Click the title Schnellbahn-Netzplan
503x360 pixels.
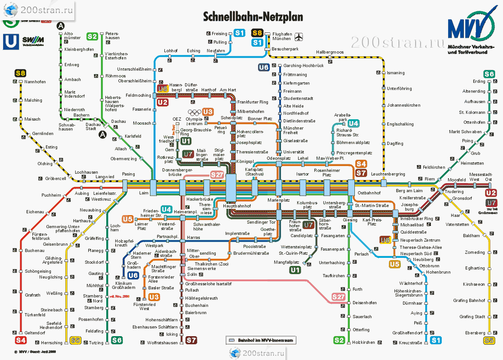(253, 17)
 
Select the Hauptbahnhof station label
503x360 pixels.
(237, 206)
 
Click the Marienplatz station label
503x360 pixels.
(278, 200)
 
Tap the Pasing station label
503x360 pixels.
(128, 174)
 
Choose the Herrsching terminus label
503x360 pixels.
(51, 343)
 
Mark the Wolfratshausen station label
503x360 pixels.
(163, 343)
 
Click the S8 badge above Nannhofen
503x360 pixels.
(20, 73)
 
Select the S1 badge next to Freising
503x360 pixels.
(239, 33)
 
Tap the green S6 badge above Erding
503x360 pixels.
(489, 74)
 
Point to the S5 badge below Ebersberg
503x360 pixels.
(489, 341)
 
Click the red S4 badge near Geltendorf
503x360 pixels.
(20, 340)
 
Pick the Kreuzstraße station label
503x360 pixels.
(410, 343)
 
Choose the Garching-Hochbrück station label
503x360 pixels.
(303, 66)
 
